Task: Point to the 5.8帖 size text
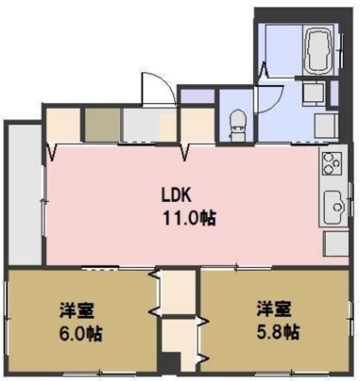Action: click(278, 332)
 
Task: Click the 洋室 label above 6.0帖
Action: click(75, 310)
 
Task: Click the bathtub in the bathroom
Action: click(321, 50)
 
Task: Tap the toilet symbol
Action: click(236, 124)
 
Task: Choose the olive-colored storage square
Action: click(101, 124)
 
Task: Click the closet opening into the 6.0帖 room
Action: click(176, 292)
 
